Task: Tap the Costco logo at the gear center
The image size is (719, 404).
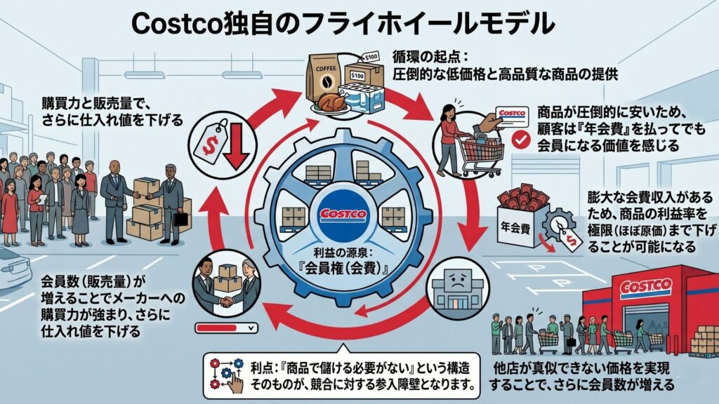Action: point(343,213)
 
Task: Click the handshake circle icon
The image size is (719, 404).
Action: point(225,285)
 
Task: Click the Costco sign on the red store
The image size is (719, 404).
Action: point(645,287)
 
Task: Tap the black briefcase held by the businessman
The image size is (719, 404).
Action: point(181,217)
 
